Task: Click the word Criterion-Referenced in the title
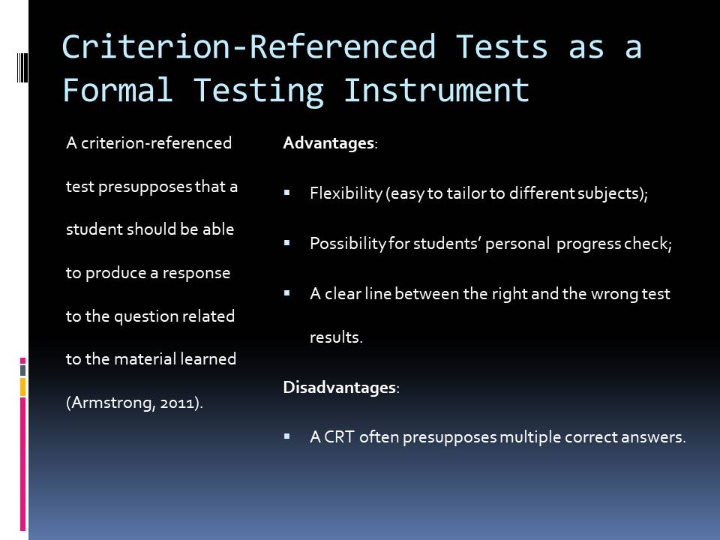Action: tap(248, 46)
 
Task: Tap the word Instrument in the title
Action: tap(436, 90)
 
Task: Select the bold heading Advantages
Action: tap(328, 143)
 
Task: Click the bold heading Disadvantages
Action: tap(340, 388)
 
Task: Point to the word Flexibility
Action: tap(346, 193)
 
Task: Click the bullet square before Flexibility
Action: tap(287, 193)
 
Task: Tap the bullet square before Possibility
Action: tap(287, 243)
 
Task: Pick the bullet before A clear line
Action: tap(287, 293)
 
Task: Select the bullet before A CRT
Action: tap(287, 436)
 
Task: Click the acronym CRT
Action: tap(339, 436)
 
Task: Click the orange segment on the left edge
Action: tap(22, 387)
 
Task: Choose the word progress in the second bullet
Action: tap(589, 244)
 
